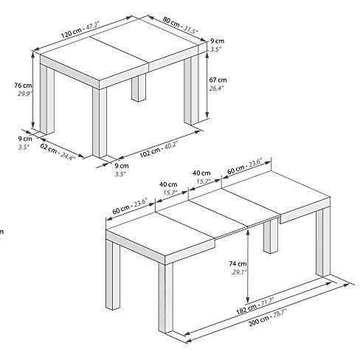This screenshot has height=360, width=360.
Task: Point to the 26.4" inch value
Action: [x=217, y=89]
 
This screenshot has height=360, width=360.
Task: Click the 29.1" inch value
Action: [x=238, y=271]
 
